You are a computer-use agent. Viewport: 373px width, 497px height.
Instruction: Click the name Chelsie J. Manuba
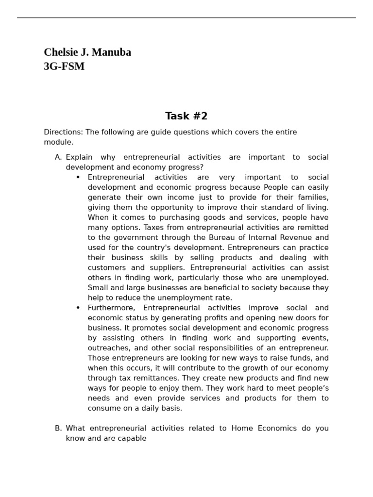(x=87, y=52)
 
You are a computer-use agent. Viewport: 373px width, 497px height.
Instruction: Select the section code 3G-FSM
(x=64, y=66)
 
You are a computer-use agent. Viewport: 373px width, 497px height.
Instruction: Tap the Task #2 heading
(x=186, y=116)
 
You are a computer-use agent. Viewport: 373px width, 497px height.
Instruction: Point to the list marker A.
(x=58, y=157)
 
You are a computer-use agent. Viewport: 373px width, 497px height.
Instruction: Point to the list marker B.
(x=58, y=428)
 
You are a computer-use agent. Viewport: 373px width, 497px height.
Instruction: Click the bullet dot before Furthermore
(x=78, y=308)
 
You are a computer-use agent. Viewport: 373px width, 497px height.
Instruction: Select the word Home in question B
(x=242, y=428)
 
